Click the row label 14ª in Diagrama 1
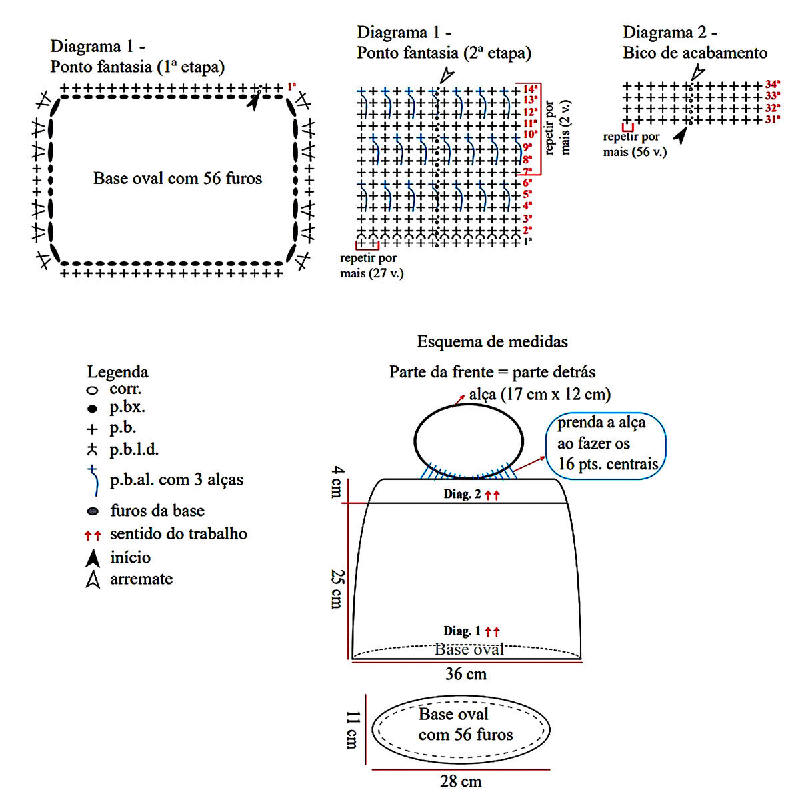(530, 89)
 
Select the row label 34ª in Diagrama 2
(773, 84)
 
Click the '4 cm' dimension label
(337, 481)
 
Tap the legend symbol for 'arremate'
(93, 579)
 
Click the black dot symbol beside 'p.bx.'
(92, 409)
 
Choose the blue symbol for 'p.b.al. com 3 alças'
(93, 480)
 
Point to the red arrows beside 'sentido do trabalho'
(93, 535)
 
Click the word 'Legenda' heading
(117, 372)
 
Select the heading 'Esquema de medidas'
(493, 342)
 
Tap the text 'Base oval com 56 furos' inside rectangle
(178, 179)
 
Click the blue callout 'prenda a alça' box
(606, 446)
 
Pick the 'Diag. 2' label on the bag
(462, 494)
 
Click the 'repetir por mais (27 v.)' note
(371, 266)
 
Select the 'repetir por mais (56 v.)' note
(635, 144)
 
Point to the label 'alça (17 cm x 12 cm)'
(540, 394)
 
